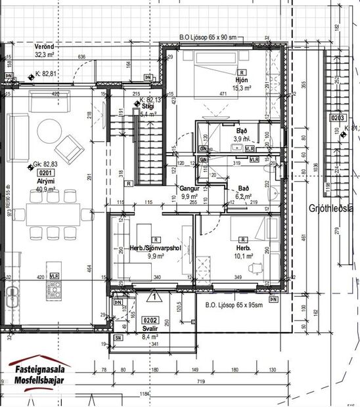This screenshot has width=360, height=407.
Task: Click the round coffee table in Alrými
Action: tap(47, 129)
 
